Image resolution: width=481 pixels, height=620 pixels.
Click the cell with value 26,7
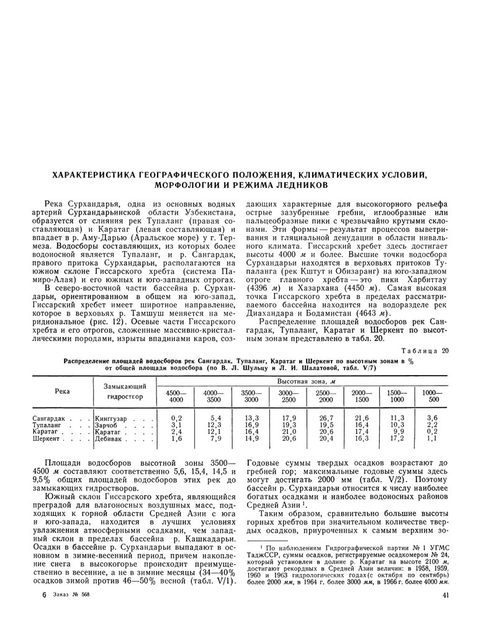[x=326, y=418]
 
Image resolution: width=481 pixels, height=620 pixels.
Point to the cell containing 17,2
[x=397, y=438]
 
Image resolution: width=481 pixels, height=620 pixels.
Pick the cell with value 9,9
[x=398, y=432]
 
